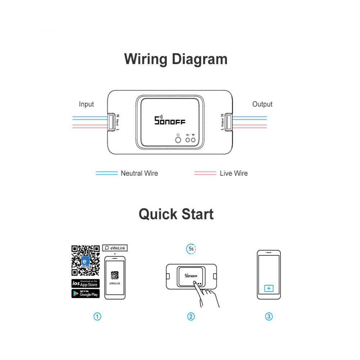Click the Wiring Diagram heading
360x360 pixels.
tap(176, 59)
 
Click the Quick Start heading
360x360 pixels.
tap(176, 214)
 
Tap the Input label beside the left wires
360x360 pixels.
tap(86, 104)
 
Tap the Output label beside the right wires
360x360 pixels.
tap(262, 104)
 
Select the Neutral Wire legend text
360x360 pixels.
tap(139, 173)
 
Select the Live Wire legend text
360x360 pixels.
tap(234, 173)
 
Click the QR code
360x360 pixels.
tap(85, 260)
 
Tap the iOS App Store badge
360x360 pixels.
tap(85, 283)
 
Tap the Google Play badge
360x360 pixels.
tap(85, 293)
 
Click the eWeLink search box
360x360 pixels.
tap(115, 248)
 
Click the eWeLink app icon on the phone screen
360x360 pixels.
tap(115, 275)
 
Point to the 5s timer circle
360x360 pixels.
tap(191, 249)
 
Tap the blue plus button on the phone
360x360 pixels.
tap(269, 288)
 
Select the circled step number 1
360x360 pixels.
tap(97, 316)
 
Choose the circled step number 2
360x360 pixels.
tap(191, 316)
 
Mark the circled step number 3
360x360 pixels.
tap(269, 316)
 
